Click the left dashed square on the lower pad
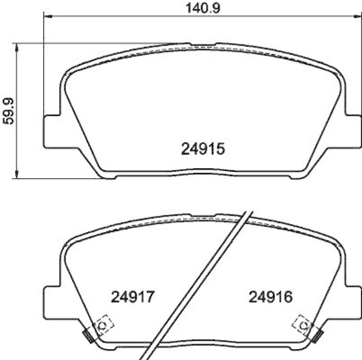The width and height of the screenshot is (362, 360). coord(103,324)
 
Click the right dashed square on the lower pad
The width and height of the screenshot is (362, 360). coord(303,324)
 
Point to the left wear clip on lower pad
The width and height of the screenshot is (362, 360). coord(88,335)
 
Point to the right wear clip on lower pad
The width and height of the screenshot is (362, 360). coord(319,335)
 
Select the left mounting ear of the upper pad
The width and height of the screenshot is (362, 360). coord(51,131)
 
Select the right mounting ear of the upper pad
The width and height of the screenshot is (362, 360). coord(355,131)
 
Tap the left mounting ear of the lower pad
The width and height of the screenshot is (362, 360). coord(51,301)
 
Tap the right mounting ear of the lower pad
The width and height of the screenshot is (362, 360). coord(355,301)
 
